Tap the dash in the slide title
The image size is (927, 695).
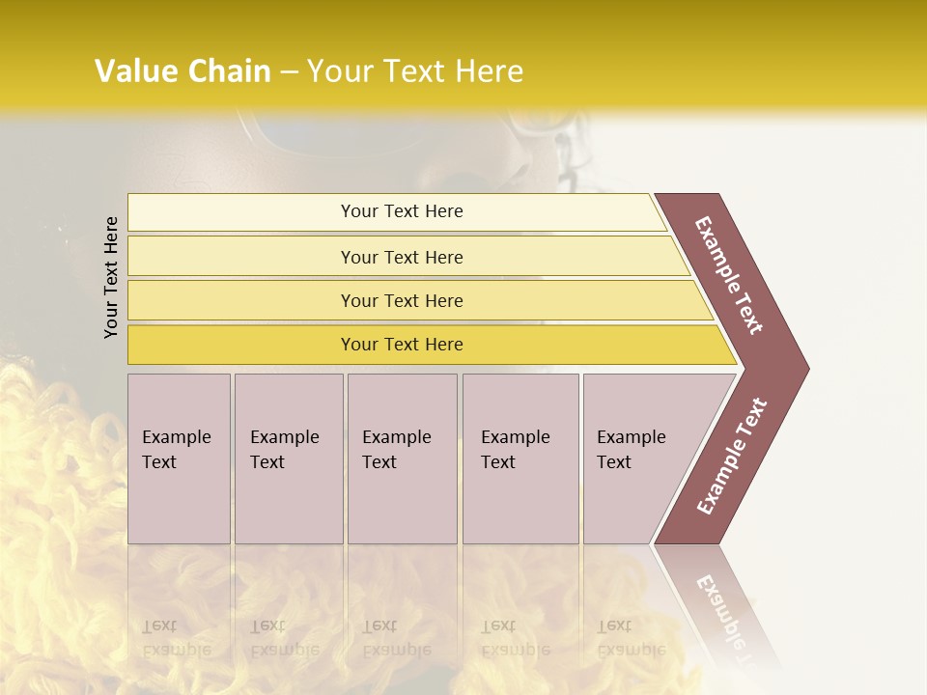[x=289, y=72]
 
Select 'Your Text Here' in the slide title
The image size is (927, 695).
[x=415, y=71]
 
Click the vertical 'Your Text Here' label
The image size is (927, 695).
[x=111, y=277]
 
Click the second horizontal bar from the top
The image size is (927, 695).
[x=402, y=257]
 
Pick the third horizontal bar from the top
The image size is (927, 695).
[x=402, y=300]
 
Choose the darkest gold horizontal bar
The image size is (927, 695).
[x=402, y=345]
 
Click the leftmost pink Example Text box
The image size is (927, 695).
[x=179, y=459]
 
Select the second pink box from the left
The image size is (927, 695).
[x=288, y=459]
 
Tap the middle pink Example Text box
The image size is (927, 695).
[x=402, y=459]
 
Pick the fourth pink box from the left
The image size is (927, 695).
[x=520, y=459]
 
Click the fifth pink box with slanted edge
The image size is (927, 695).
[x=637, y=459]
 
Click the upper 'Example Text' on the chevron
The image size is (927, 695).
[x=729, y=275]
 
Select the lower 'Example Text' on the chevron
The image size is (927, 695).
[x=732, y=457]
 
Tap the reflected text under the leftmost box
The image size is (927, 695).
[x=176, y=638]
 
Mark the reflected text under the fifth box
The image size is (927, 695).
[x=632, y=638]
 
